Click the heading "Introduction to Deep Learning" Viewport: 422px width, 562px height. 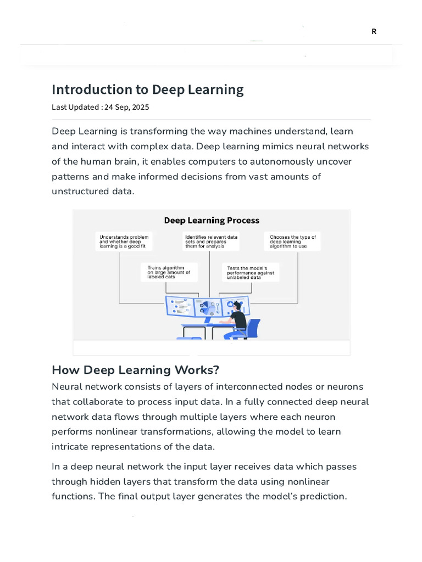[x=147, y=89]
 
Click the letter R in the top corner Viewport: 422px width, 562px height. [x=374, y=31]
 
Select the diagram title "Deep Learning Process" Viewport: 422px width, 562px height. [x=212, y=221]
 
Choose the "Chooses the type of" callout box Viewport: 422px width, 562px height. [x=293, y=241]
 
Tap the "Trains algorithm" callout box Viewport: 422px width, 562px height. [x=169, y=272]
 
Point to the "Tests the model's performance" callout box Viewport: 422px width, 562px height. [x=250, y=272]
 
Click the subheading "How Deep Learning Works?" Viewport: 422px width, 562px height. [x=135, y=369]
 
